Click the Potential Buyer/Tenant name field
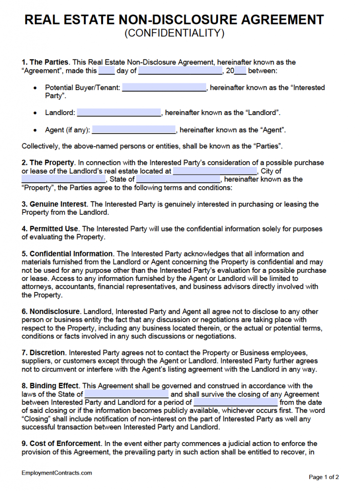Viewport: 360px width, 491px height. pyautogui.click(x=164, y=88)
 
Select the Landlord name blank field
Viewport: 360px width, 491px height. pyautogui.click(x=119, y=113)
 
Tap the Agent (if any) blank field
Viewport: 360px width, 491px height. pyautogui.click(x=134, y=130)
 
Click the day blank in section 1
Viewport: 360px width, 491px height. pyautogui.click(x=106, y=71)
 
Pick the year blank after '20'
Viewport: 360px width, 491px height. pyautogui.click(x=240, y=71)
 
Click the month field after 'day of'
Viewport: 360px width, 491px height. pyautogui.click(x=180, y=71)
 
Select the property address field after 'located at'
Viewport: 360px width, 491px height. pyautogui.click(x=215, y=171)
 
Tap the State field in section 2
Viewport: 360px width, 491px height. pyautogui.click(x=178, y=179)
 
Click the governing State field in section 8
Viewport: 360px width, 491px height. pyautogui.click(x=127, y=394)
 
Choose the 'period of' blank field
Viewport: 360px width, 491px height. pyautogui.click(x=235, y=402)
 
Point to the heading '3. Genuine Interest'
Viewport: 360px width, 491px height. pyautogui.click(x=54, y=204)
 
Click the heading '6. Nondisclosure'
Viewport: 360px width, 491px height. pyautogui.click(x=51, y=312)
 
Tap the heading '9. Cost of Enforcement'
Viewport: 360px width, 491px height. pyautogui.click(x=61, y=444)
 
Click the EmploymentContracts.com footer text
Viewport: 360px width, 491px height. pyautogui.click(x=57, y=473)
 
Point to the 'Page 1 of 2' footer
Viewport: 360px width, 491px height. pyautogui.click(x=324, y=477)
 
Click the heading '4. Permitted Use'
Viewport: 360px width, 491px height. pyautogui.click(x=51, y=229)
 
